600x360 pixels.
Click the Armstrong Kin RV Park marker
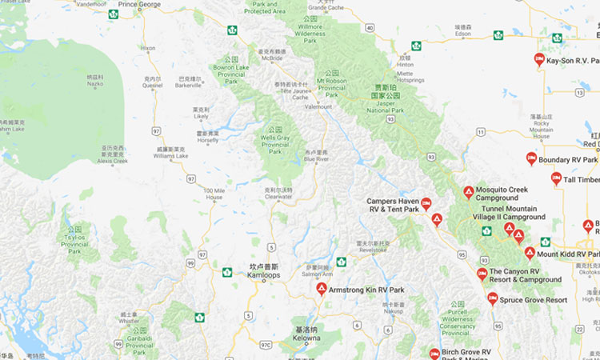[322, 288]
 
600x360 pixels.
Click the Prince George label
[139, 5]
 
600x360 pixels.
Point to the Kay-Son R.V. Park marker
[539, 59]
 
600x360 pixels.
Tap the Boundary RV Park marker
[531, 158]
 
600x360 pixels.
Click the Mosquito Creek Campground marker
[469, 192]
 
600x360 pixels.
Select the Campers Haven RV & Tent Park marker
[426, 203]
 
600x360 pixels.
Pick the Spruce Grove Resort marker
[493, 298]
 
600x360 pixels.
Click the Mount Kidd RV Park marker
[530, 253]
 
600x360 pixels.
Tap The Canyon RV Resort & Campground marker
[482, 274]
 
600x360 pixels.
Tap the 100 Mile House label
[214, 193]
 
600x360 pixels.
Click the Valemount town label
[318, 106]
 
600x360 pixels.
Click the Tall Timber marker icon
[556, 178]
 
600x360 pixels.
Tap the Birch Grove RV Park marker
[434, 354]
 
